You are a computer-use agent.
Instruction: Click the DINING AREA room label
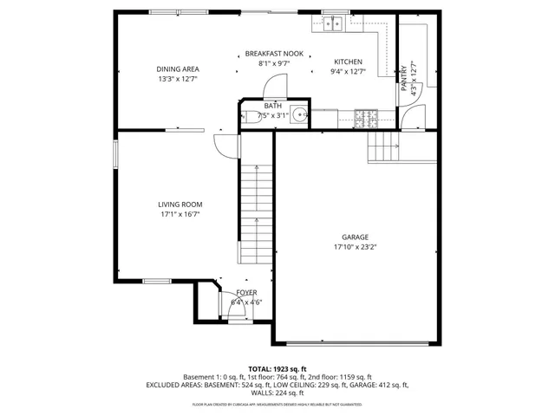177,69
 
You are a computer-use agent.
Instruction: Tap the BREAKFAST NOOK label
273,54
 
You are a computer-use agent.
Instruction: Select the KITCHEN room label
349,62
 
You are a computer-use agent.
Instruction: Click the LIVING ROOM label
180,205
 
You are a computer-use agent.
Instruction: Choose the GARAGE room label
355,237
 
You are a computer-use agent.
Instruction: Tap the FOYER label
246,293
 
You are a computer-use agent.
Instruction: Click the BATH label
261,106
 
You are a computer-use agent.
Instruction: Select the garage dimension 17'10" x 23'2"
355,246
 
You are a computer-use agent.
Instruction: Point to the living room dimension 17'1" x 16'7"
180,214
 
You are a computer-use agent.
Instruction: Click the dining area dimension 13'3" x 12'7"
177,79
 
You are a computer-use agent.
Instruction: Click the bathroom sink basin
298,114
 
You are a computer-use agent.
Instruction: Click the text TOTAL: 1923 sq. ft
277,368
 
